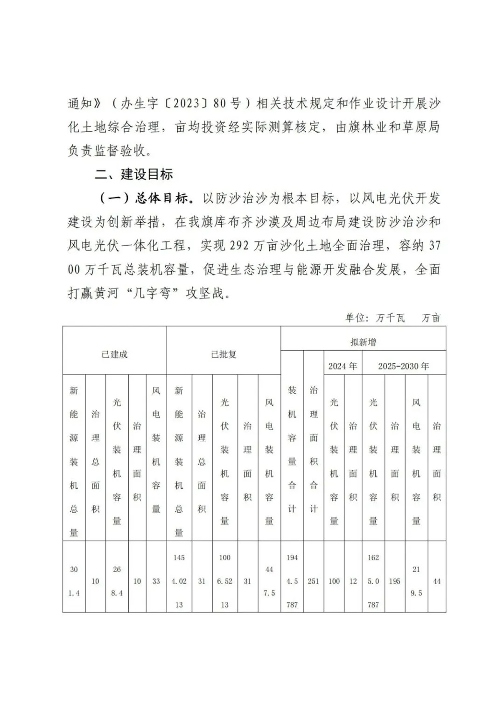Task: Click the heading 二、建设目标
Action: click(x=134, y=175)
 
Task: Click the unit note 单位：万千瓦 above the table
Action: click(x=375, y=318)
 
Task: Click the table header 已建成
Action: click(x=114, y=354)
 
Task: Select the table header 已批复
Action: click(x=224, y=354)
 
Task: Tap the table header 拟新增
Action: click(x=363, y=342)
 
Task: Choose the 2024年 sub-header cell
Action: click(x=343, y=366)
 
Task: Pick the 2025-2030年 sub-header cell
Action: click(x=404, y=366)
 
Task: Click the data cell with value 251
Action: click(x=313, y=581)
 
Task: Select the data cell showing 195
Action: click(x=395, y=581)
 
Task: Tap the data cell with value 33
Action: click(x=156, y=581)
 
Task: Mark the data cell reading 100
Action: click(x=334, y=581)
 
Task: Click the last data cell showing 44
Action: click(x=437, y=581)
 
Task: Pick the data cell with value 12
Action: click(x=353, y=581)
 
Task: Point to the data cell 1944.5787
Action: click(x=292, y=581)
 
